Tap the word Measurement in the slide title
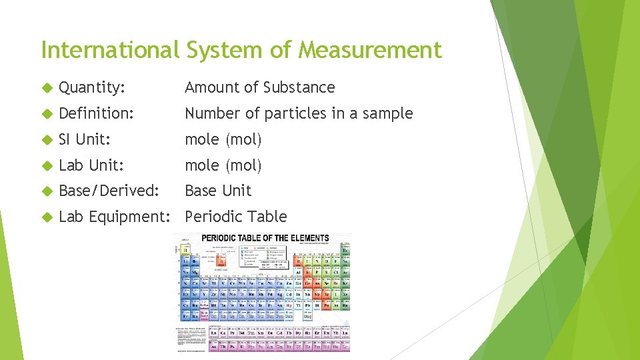point(370,49)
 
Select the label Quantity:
point(92,87)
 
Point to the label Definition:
point(96,113)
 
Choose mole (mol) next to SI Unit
point(223,139)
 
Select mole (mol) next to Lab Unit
point(223,165)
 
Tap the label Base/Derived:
point(109,191)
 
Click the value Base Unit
point(218,191)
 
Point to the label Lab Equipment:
point(118,217)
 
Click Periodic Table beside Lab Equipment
point(236,217)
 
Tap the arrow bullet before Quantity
point(46,88)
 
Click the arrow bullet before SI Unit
point(46,140)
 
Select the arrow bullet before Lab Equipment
point(46,217)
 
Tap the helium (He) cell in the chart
point(345,250)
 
